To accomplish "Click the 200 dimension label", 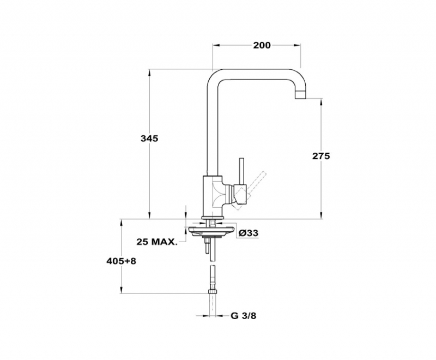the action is click(262, 45).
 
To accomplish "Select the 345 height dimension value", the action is click(149, 138).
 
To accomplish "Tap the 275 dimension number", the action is click(321, 156).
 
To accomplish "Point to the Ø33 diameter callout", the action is click(249, 233).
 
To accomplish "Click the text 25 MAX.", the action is click(156, 242).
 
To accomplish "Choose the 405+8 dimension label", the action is click(121, 261).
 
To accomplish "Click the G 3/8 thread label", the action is click(243, 316).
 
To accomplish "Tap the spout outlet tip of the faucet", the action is click(300, 95).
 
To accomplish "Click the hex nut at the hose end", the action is click(213, 292).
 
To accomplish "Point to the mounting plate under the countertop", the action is click(210, 231).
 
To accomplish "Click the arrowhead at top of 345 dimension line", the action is click(149, 73).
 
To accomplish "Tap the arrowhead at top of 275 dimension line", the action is click(321, 102).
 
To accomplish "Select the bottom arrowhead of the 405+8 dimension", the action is click(121, 290).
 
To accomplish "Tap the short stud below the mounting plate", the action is click(207, 247).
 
